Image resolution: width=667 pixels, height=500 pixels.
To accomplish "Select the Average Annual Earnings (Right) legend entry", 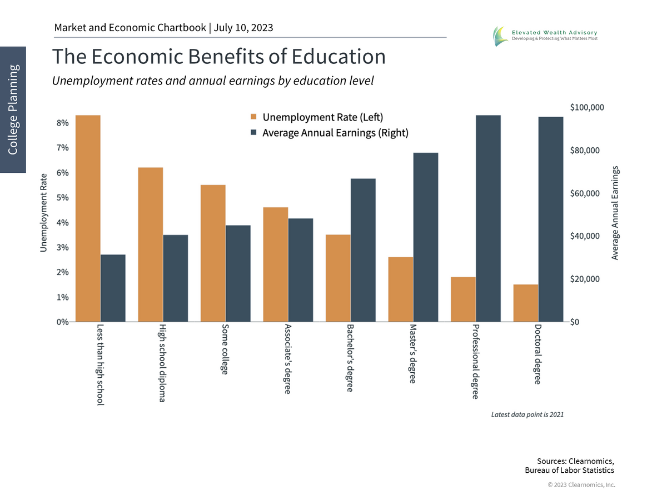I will pyautogui.click(x=329, y=133).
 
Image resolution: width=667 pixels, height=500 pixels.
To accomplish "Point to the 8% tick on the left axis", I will pyautogui.click(x=62, y=123).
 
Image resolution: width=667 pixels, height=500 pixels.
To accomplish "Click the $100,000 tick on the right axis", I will pyautogui.click(x=587, y=107).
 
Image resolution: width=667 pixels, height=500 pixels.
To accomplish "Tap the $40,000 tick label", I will pyautogui.click(x=585, y=236).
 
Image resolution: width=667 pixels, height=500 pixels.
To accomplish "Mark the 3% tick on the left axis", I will pyautogui.click(x=62, y=247).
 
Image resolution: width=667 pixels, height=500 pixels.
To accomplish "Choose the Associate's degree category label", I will pyautogui.click(x=287, y=358).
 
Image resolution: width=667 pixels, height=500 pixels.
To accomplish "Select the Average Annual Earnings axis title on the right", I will pyautogui.click(x=615, y=212).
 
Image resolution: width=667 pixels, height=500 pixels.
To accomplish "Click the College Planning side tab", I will pyautogui.click(x=13, y=109).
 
